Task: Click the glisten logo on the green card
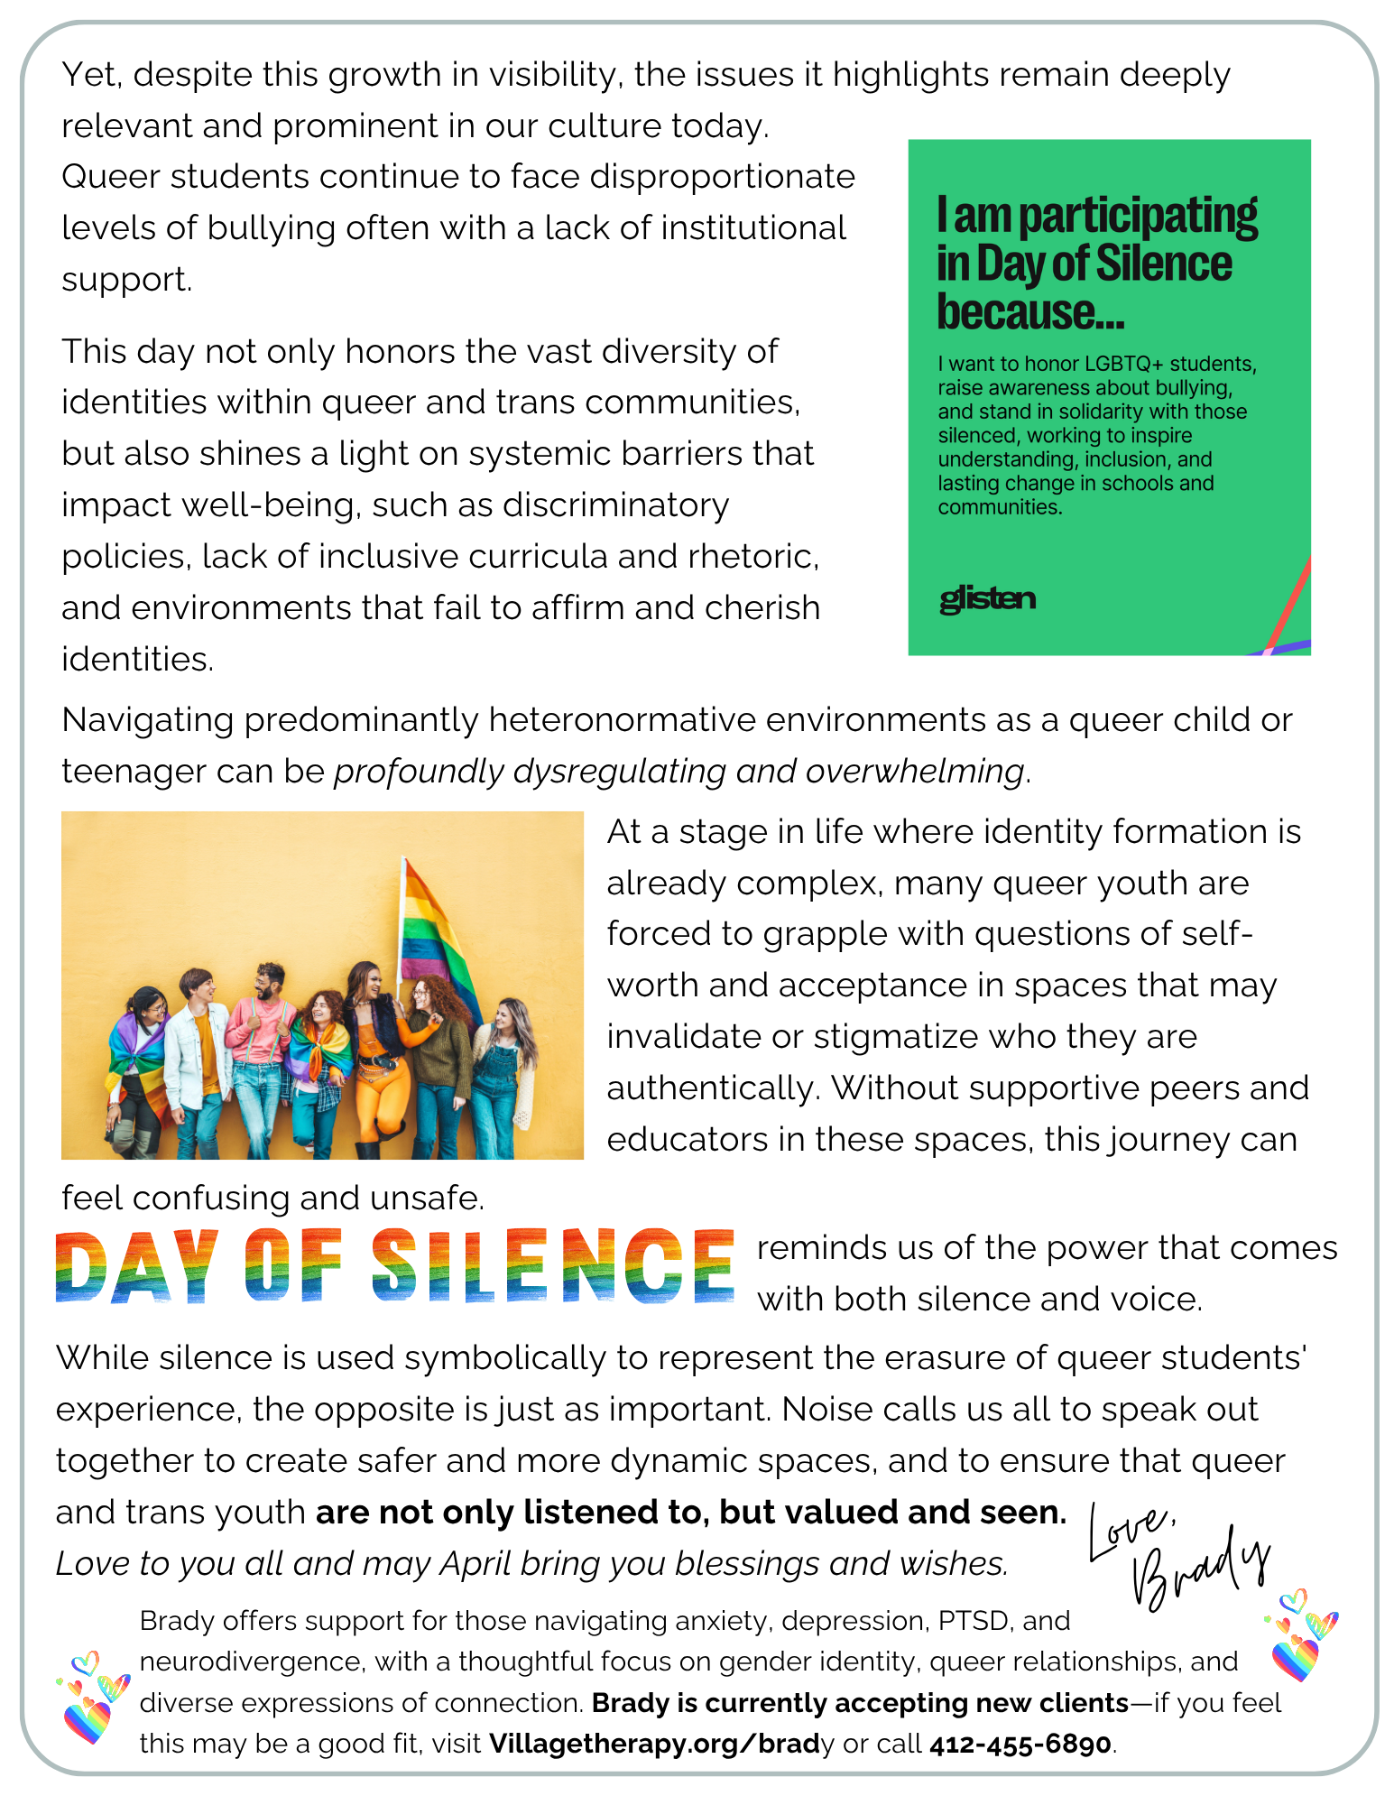coord(987,598)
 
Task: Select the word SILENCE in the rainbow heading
coord(553,1265)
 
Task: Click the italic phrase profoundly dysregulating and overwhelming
coord(679,772)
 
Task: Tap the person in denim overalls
coord(507,1074)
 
